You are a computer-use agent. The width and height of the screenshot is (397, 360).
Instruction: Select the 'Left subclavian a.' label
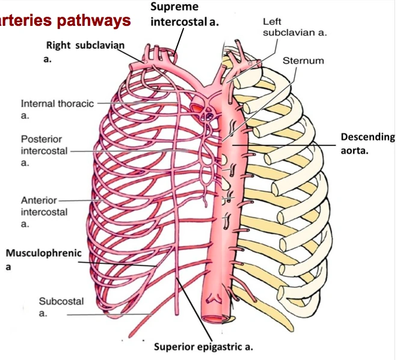(x=294, y=26)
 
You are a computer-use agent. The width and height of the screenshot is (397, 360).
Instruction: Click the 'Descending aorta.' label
(x=368, y=143)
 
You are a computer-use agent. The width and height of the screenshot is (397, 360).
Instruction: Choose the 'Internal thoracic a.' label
(x=57, y=109)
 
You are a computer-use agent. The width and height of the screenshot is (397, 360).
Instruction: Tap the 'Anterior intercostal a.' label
(x=44, y=212)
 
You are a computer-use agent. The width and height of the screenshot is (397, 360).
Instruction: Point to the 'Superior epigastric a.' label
(x=203, y=347)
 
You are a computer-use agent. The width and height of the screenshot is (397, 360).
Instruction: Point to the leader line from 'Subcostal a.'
(x=108, y=314)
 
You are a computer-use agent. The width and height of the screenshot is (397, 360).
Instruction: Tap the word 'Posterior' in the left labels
(x=41, y=139)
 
